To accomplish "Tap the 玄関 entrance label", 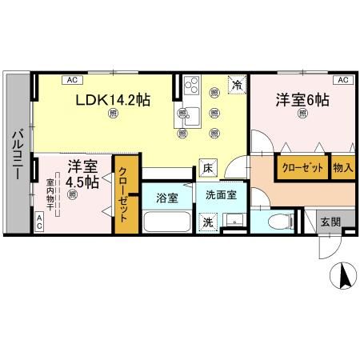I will coord(330,221).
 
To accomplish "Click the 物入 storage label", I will coord(342,168).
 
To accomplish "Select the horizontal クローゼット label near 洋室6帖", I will coord(302,168).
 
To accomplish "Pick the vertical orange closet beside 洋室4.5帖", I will coord(126,195).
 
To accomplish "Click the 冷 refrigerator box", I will coord(237,84).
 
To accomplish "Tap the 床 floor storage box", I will coord(206,169).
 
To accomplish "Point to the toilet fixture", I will coord(278,221).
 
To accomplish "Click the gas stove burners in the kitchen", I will coord(192,85).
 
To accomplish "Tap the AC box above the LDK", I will coord(70,80).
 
